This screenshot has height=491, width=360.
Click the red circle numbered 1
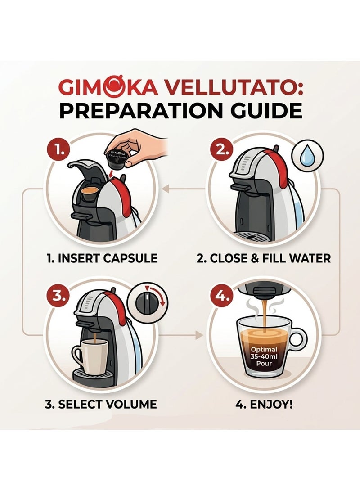59,151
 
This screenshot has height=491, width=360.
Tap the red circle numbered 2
221,150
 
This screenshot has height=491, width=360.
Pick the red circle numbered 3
59,296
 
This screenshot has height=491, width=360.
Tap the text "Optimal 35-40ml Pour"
264,357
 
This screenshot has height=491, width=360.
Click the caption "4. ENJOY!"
264,405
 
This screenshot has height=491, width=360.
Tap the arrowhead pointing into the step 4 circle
198,335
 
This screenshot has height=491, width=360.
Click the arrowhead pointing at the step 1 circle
165,189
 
